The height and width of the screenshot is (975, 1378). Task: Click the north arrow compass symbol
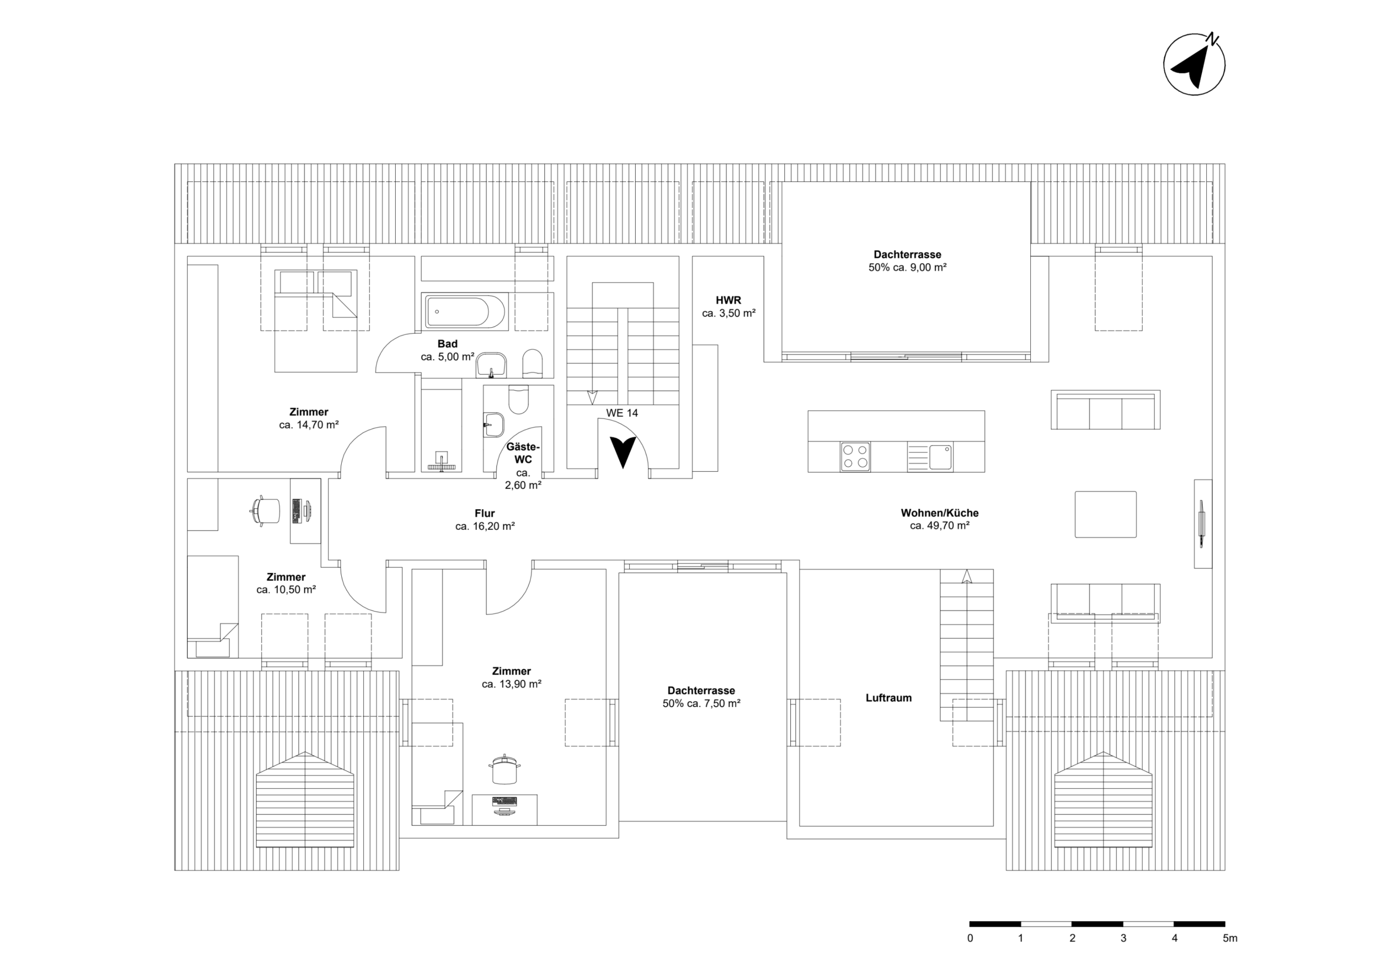(1194, 64)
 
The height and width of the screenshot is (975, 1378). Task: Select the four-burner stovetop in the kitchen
(855, 457)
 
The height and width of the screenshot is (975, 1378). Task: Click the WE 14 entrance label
(622, 413)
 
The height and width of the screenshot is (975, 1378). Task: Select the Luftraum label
(888, 698)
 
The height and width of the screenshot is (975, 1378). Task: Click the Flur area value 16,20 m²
(485, 527)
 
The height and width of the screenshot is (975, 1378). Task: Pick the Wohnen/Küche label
(939, 513)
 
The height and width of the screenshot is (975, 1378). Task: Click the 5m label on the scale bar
(1230, 938)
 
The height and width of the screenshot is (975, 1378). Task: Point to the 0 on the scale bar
(970, 938)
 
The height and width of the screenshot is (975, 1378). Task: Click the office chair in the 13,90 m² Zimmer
(504, 770)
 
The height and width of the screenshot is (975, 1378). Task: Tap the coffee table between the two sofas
(1105, 514)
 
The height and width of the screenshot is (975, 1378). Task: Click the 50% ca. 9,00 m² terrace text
(907, 268)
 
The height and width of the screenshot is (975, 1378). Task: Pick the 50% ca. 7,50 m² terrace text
(701, 704)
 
